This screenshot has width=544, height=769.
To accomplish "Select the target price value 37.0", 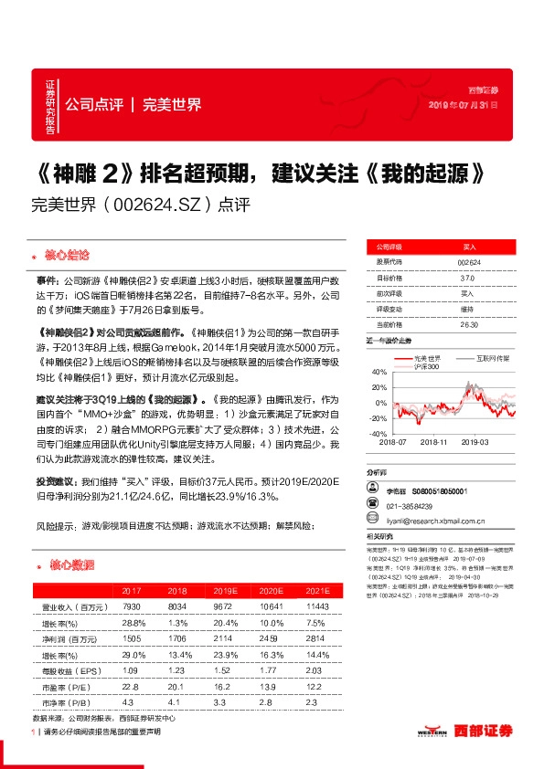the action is (x=468, y=278).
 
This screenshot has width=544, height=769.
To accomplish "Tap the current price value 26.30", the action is (x=468, y=324).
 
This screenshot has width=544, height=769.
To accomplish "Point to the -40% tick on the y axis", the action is (x=378, y=433).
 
